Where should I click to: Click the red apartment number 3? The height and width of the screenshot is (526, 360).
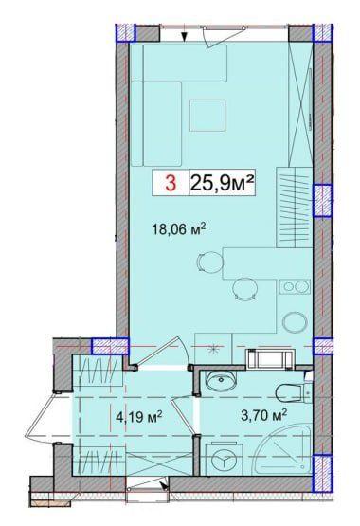coord(171,184)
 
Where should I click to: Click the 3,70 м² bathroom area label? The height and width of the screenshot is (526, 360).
coord(238,413)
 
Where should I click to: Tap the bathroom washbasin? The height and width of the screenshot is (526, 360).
coord(222,382)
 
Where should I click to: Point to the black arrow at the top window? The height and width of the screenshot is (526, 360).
coord(186,37)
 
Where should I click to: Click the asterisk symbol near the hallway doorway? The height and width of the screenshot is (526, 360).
coord(213,350)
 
